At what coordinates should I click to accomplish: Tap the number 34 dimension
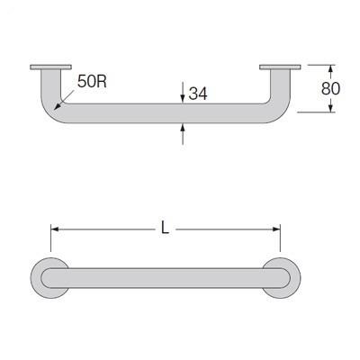point(200,92)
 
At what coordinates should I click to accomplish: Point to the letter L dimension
point(166,229)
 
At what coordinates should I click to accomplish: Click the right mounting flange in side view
point(280,67)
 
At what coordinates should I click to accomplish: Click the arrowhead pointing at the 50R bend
point(59,106)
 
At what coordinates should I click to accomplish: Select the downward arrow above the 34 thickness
point(183,97)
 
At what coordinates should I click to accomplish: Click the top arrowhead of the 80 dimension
point(331,68)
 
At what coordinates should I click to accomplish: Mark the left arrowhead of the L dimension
point(54,229)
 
